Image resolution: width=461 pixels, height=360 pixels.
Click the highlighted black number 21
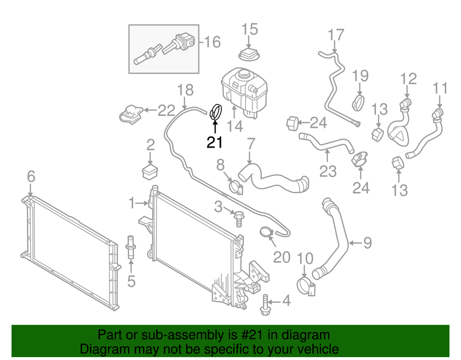[215, 142]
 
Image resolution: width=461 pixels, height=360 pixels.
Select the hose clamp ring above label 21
[216, 112]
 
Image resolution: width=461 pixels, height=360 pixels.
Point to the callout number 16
[211, 42]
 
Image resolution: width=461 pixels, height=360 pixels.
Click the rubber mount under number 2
[150, 171]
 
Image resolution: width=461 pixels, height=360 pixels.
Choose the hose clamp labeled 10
[305, 285]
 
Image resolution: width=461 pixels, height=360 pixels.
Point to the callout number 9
[367, 243]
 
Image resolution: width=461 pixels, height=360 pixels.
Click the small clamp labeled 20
[267, 233]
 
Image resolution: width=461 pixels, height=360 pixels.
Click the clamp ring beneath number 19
[358, 101]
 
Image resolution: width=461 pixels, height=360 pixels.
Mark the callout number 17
[336, 35]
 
